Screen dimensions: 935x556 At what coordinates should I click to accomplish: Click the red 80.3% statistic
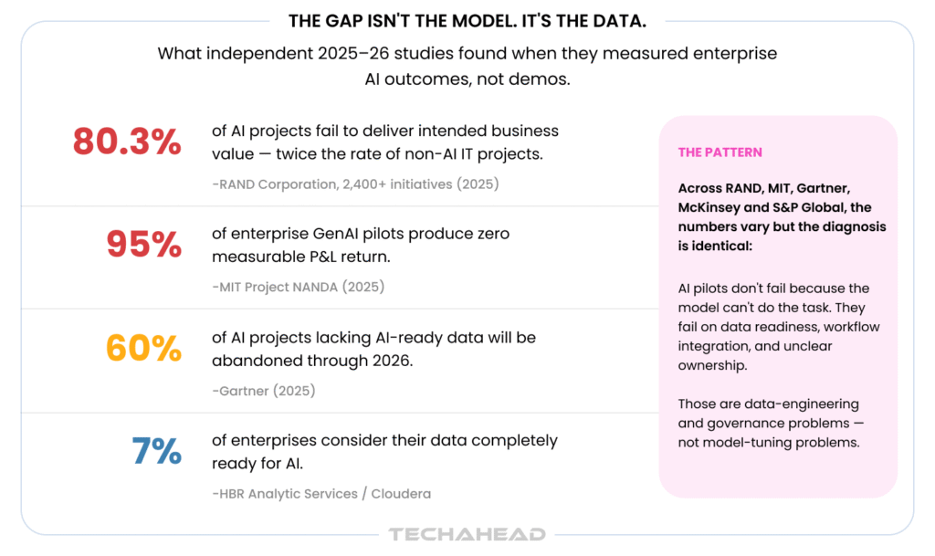pyautogui.click(x=127, y=142)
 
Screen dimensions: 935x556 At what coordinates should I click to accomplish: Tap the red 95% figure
pyautogui.click(x=143, y=245)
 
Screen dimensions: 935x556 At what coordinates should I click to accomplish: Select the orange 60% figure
pyautogui.click(x=143, y=348)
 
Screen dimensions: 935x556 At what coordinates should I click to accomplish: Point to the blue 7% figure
pyautogui.click(x=156, y=451)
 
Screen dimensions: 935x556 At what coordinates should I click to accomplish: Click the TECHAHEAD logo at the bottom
pyautogui.click(x=467, y=534)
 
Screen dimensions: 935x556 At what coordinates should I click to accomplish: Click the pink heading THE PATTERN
pyautogui.click(x=720, y=152)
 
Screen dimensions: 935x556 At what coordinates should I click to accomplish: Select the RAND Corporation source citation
pyautogui.click(x=355, y=184)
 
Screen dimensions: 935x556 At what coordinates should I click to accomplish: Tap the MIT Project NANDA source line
pyautogui.click(x=299, y=287)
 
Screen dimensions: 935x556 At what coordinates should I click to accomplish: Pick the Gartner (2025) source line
pyautogui.click(x=264, y=391)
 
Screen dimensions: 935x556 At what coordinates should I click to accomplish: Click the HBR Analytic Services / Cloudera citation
pyautogui.click(x=321, y=493)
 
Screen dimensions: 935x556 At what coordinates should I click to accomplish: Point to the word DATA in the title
pyautogui.click(x=624, y=21)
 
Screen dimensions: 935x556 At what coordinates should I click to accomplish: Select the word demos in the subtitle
pyautogui.click(x=541, y=79)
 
